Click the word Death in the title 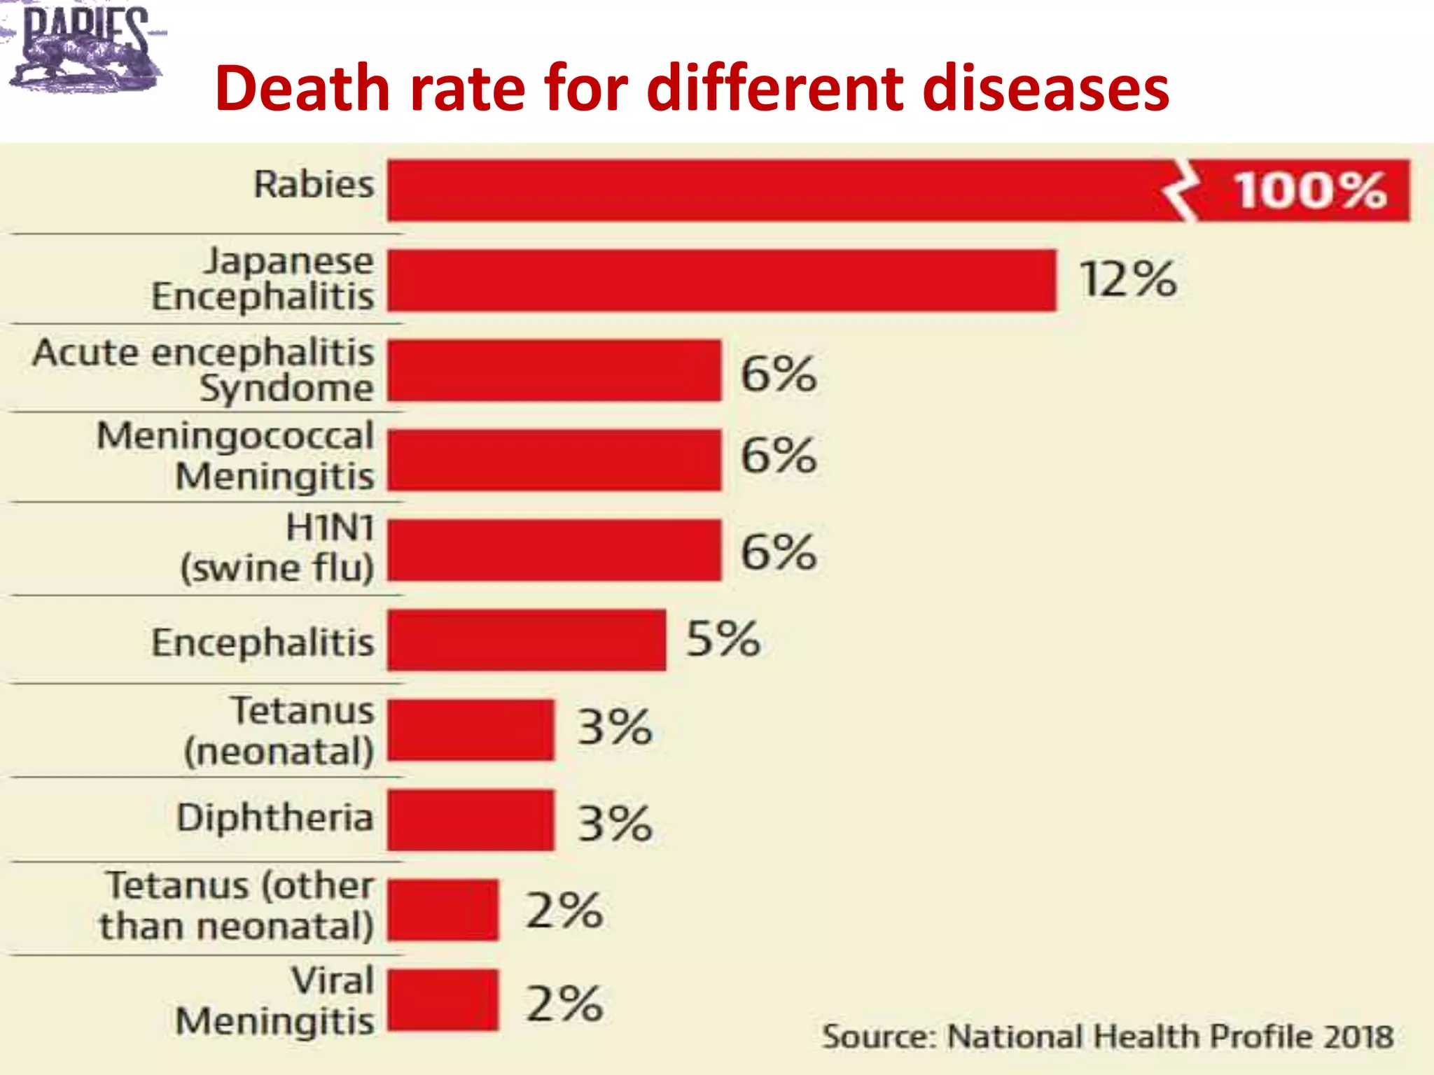[x=302, y=89]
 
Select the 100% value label [x=1309, y=190]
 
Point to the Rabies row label [x=314, y=185]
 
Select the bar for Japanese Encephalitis [x=721, y=280]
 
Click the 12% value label [x=1127, y=279]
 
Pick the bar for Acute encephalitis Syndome [x=554, y=370]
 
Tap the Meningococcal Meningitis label [x=235, y=456]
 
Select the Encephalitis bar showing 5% [x=527, y=640]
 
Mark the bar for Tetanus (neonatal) [x=471, y=729]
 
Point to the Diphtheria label [x=274, y=817]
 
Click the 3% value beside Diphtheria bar [x=614, y=822]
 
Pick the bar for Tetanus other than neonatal [x=443, y=910]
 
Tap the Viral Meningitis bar [x=443, y=999]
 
